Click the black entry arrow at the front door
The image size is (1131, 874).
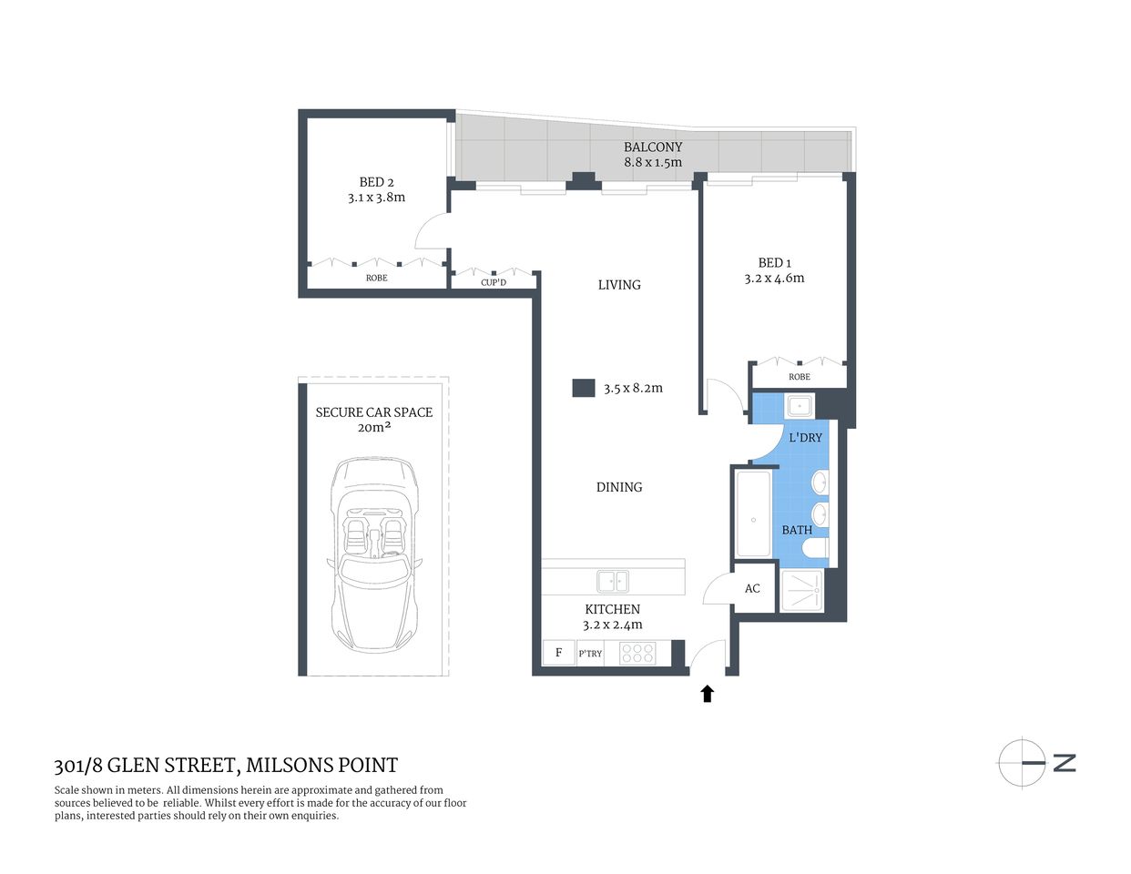click(707, 694)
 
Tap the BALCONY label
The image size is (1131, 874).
click(652, 147)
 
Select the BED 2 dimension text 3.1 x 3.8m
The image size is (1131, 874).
click(376, 198)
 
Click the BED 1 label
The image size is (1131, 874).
click(774, 262)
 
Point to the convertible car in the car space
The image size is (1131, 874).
click(375, 554)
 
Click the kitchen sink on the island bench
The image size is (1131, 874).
click(612, 581)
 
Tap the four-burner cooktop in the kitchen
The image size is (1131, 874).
click(637, 653)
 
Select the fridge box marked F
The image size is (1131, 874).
click(558, 653)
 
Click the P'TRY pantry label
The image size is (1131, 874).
click(590, 654)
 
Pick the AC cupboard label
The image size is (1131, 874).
click(752, 588)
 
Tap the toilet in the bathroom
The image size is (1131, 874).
click(817, 547)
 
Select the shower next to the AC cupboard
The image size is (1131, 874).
click(802, 591)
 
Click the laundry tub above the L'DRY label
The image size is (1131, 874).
click(800, 406)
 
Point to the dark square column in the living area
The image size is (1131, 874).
click(583, 388)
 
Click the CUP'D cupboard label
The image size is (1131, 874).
click(494, 282)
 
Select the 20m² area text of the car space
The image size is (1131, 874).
click(373, 427)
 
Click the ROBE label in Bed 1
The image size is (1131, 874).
click(799, 377)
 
